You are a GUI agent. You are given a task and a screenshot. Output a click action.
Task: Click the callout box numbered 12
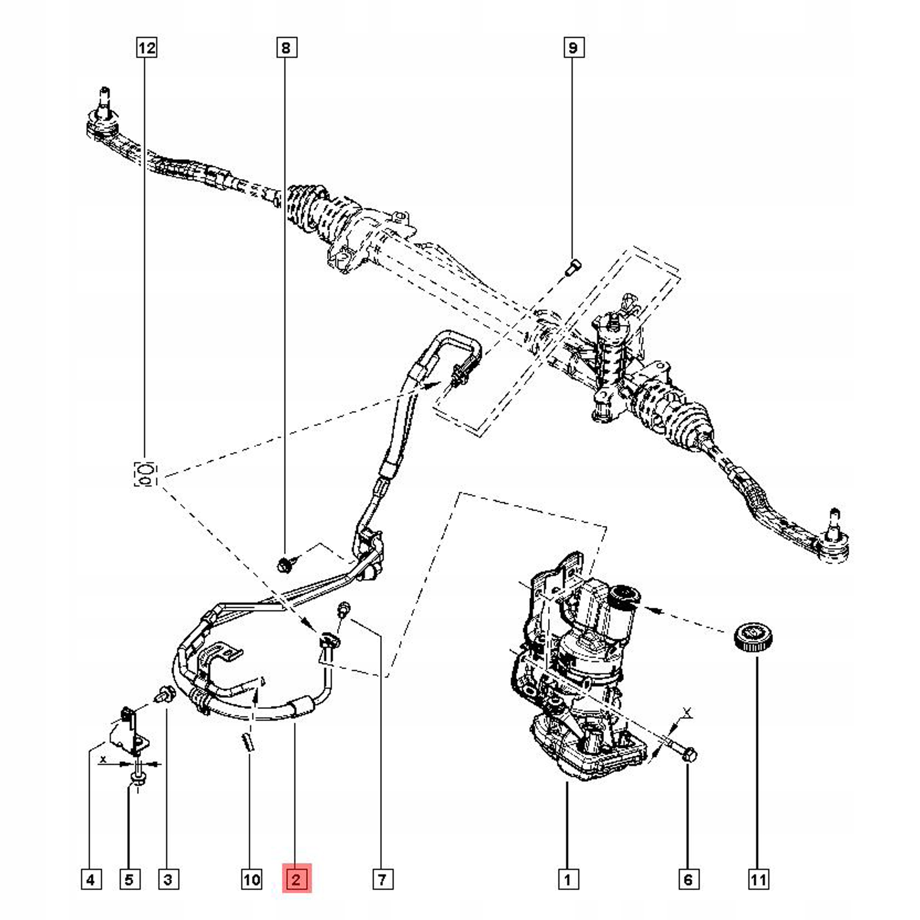point(146,48)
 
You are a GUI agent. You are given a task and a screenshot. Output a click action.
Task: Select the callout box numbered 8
point(286,48)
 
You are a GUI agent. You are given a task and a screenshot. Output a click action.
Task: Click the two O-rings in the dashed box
point(146,474)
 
